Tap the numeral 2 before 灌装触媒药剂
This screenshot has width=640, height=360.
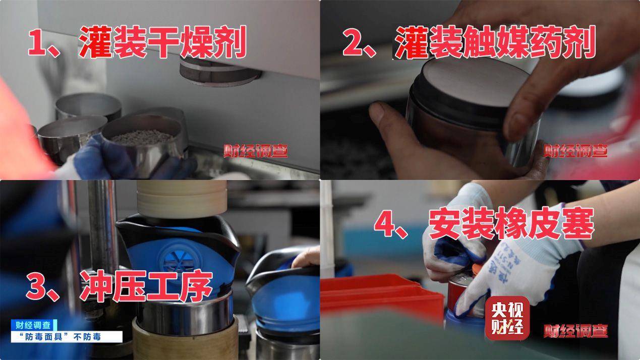(x=354, y=42)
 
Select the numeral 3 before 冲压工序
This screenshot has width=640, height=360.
(x=38, y=288)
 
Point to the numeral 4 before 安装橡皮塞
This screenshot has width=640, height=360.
(x=385, y=225)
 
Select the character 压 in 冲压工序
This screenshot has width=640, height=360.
(x=129, y=288)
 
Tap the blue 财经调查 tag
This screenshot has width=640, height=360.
(x=34, y=325)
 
